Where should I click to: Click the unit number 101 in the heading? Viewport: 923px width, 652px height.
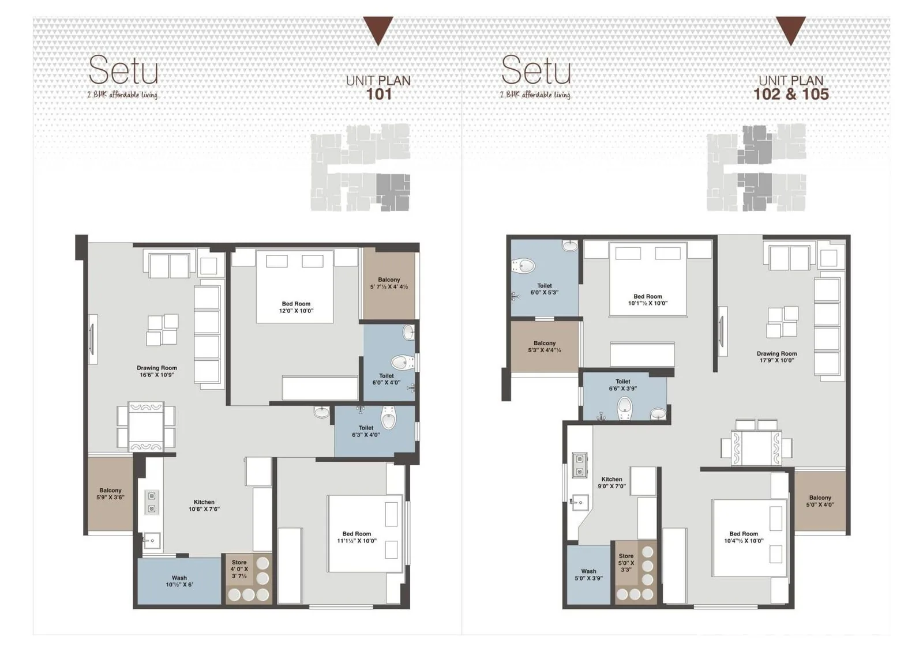tap(378, 95)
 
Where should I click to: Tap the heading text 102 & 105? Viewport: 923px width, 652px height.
tap(791, 95)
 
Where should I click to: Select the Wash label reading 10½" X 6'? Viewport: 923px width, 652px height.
tap(179, 581)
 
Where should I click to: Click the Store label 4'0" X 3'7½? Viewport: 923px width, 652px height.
tap(239, 569)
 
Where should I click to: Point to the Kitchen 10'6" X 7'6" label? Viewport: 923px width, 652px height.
tap(204, 506)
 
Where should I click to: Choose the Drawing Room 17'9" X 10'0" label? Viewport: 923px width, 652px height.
tap(776, 357)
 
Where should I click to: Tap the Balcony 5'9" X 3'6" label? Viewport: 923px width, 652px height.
tap(110, 494)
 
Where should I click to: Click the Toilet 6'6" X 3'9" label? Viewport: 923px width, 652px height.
tap(623, 385)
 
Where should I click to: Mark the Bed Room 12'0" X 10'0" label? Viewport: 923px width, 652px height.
tap(296, 307)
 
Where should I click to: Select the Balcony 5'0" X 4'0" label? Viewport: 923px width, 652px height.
tap(820, 501)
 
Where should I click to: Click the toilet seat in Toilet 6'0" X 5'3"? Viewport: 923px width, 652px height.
tap(523, 266)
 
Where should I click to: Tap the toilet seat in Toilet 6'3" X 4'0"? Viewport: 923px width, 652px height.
tap(389, 417)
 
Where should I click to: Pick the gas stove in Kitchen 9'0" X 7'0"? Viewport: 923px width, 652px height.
tap(579, 465)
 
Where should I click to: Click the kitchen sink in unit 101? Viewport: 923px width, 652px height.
tap(151, 540)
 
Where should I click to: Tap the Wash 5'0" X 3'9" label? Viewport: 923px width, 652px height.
tap(589, 575)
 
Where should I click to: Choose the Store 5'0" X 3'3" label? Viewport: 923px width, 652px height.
tap(626, 563)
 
